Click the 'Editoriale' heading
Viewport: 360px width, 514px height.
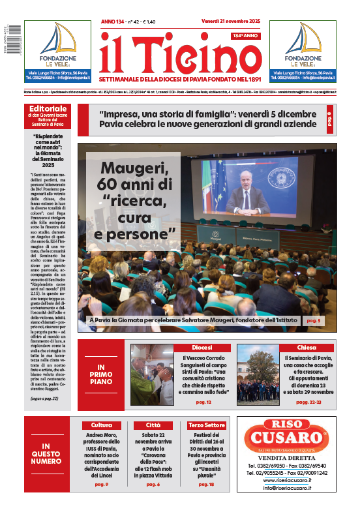(x=48, y=108)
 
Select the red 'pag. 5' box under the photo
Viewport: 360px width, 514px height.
(x=314, y=321)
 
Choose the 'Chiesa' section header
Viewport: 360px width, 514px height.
(x=306, y=348)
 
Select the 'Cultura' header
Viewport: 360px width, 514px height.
(x=101, y=425)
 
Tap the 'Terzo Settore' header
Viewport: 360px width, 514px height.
(x=205, y=425)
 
